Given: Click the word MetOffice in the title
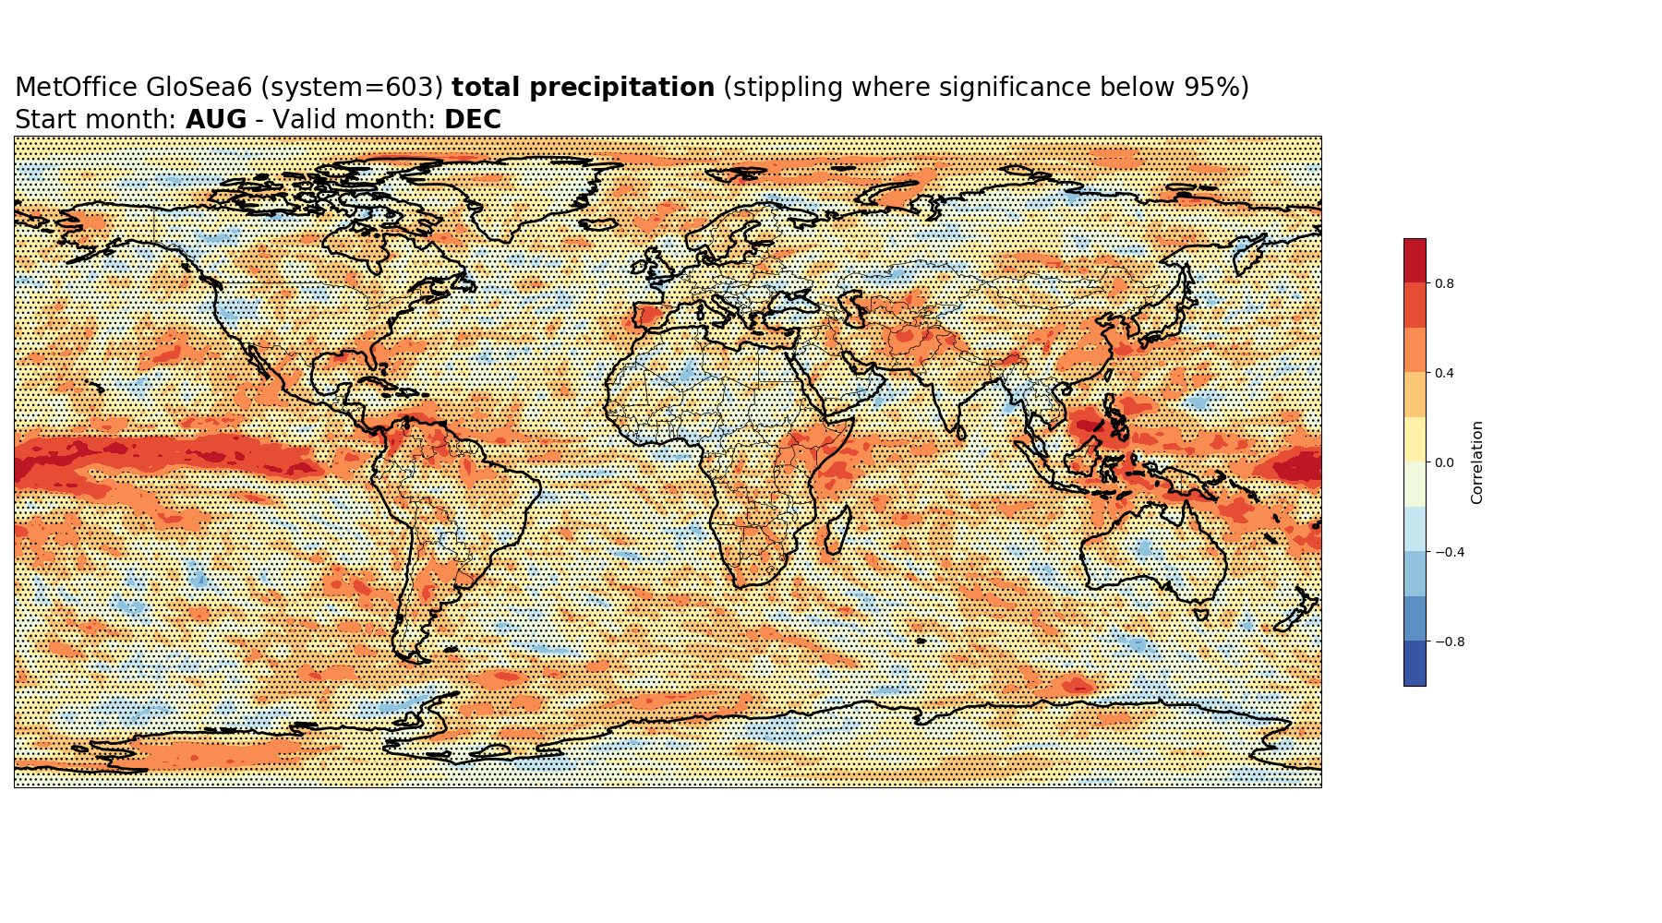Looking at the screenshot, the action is (77, 88).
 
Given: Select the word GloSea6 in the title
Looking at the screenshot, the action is (199, 88).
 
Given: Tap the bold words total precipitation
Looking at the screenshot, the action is (584, 88).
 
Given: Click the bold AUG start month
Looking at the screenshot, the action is (216, 120).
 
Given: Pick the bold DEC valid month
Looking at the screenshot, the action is (473, 120).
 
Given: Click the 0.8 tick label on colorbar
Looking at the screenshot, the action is (1444, 283).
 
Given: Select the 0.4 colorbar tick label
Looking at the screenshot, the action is (1444, 373).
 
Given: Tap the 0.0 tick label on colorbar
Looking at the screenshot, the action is (1444, 462).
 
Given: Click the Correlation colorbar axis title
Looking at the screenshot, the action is (1477, 462).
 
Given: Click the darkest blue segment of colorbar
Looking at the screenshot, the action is (1415, 664).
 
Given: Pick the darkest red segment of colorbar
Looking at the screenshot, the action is (1415, 260).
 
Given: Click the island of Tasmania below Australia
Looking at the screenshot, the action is (1201, 614).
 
